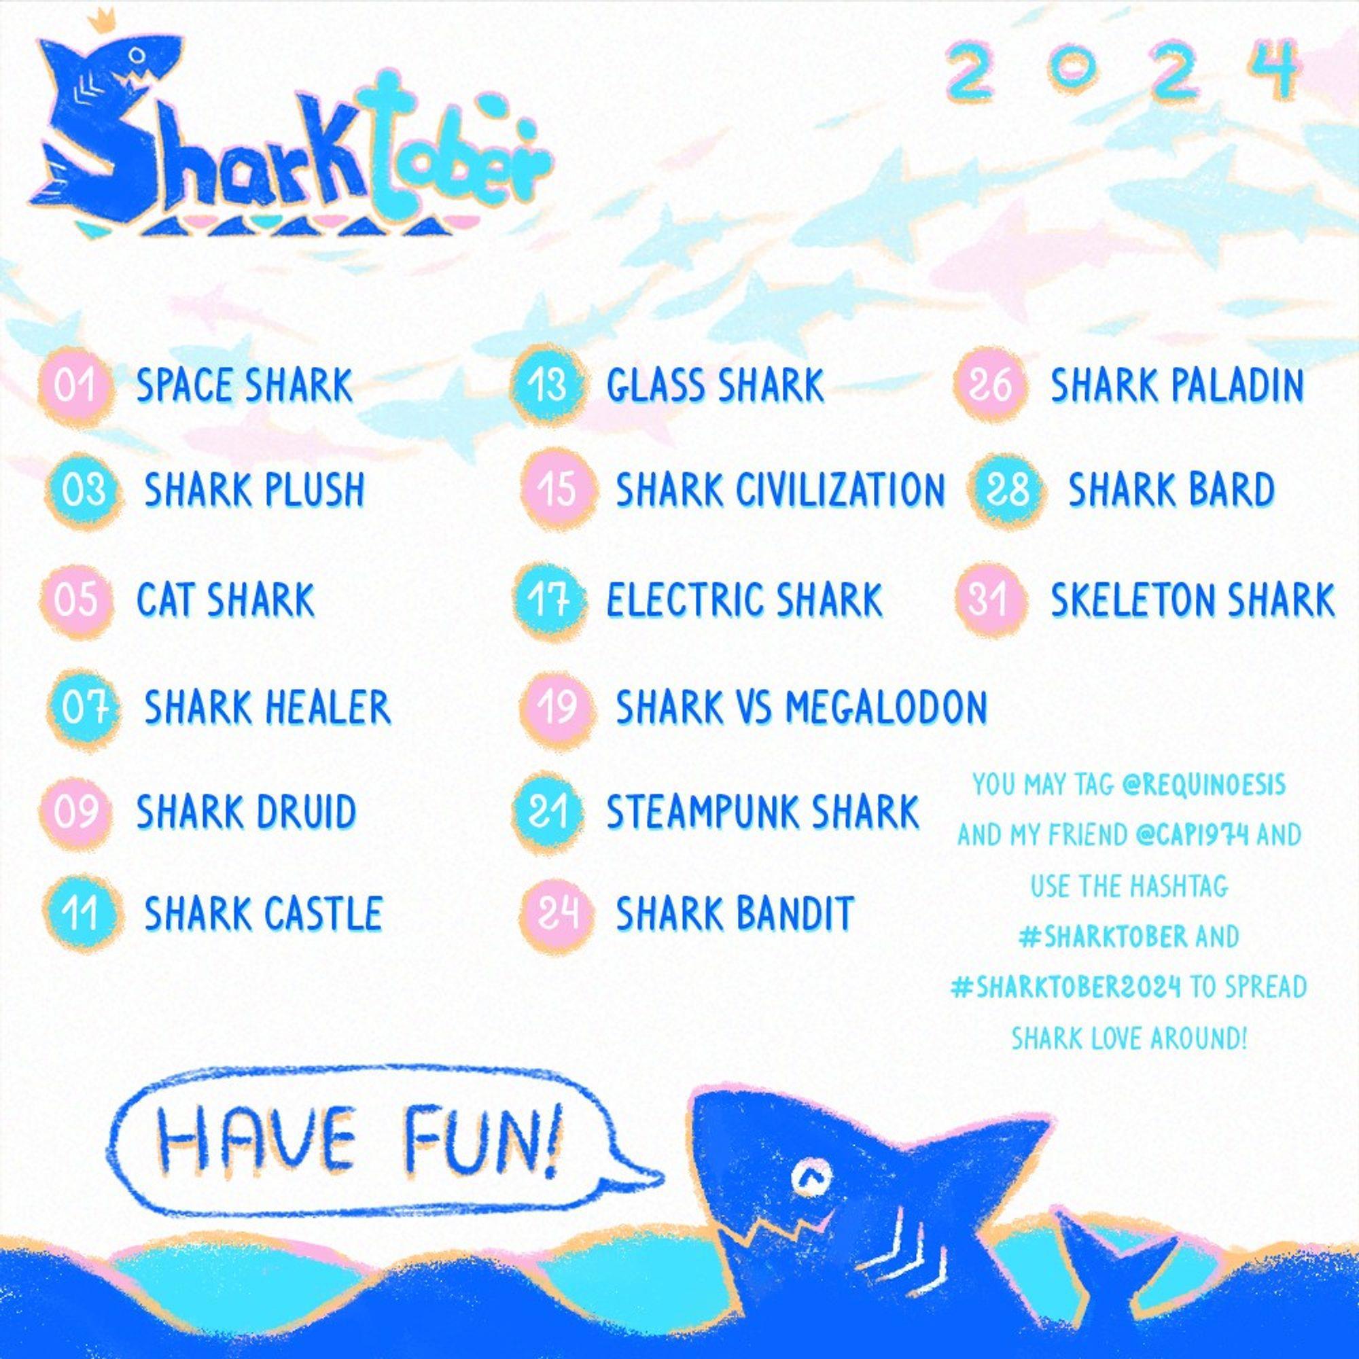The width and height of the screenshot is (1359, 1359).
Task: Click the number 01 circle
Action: click(76, 387)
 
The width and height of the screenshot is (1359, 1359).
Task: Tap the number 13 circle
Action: click(548, 385)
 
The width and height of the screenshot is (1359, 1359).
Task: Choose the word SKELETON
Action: click(1133, 600)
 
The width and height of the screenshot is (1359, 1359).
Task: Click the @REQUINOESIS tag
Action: click(1203, 785)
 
